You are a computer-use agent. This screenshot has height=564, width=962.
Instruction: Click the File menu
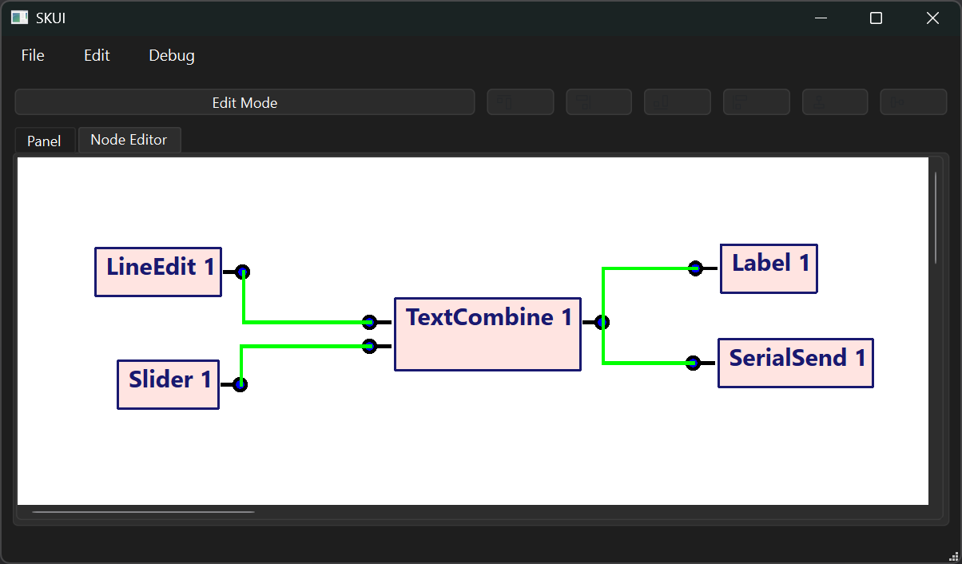pyautogui.click(x=33, y=55)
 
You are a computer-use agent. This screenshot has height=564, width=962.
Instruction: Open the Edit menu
pyautogui.click(x=97, y=55)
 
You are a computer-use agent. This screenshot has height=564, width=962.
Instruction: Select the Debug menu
pyautogui.click(x=171, y=55)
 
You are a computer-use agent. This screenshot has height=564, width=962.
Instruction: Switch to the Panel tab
pyautogui.click(x=44, y=141)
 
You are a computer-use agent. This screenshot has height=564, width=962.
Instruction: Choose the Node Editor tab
pyautogui.click(x=129, y=140)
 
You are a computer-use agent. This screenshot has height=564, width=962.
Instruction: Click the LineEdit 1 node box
pyautogui.click(x=158, y=272)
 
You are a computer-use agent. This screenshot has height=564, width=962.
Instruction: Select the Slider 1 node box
pyautogui.click(x=168, y=384)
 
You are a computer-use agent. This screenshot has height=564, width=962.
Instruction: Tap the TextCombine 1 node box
pyautogui.click(x=487, y=334)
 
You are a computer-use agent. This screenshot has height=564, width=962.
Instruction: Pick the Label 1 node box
pyautogui.click(x=769, y=269)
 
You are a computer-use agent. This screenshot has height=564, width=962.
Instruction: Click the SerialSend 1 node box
pyautogui.click(x=795, y=363)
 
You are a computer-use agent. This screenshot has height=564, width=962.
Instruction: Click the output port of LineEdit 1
pyautogui.click(x=243, y=272)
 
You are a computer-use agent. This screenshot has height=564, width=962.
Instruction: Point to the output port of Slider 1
pyautogui.click(x=240, y=384)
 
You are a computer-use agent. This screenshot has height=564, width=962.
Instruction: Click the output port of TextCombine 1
pyautogui.click(x=602, y=322)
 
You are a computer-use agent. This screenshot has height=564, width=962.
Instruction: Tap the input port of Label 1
pyautogui.click(x=695, y=268)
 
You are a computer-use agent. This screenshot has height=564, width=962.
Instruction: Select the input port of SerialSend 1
pyautogui.click(x=693, y=363)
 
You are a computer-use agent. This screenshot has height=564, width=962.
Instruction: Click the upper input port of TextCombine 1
pyautogui.click(x=369, y=322)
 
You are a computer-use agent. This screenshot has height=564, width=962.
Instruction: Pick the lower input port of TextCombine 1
pyautogui.click(x=369, y=346)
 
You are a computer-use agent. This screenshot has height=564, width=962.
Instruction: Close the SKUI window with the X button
pyautogui.click(x=932, y=18)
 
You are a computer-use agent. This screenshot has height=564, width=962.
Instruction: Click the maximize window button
pyautogui.click(x=876, y=18)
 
